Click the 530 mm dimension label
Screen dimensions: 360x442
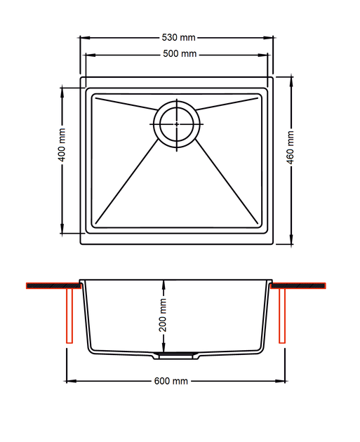(x=178, y=37)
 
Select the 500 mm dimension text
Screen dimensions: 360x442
(x=180, y=53)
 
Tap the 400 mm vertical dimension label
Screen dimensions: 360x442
(x=62, y=145)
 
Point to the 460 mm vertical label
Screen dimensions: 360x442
(x=290, y=147)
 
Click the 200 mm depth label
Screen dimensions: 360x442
(x=163, y=315)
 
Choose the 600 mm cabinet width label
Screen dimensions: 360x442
(x=171, y=381)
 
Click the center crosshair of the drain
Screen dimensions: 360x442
(x=177, y=124)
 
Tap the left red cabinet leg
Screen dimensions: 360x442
(x=69, y=316)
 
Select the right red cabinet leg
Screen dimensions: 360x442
(x=282, y=316)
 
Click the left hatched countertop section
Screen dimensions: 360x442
(x=53, y=286)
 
